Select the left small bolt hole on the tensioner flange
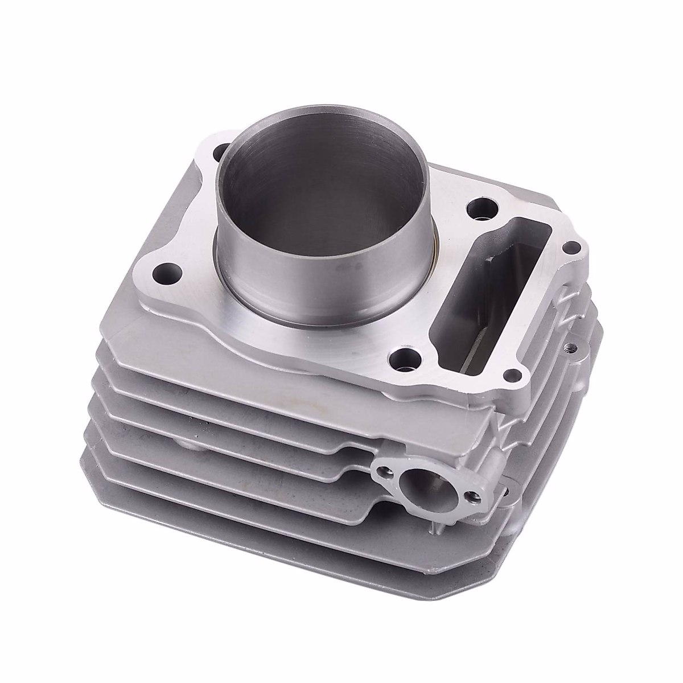coord(385,470)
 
